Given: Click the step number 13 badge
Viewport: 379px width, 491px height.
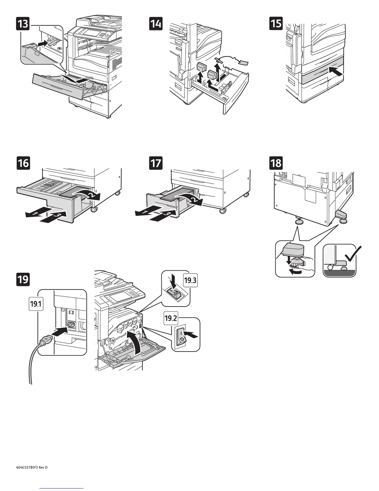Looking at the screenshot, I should [23, 24].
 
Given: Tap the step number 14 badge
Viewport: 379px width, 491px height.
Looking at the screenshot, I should [156, 24].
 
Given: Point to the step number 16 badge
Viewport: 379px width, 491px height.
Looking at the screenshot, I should [23, 163].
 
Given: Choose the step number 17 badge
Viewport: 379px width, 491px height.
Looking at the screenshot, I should [156, 163].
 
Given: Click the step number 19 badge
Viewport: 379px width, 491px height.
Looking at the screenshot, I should [23, 279].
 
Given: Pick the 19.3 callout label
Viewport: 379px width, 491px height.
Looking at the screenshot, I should [190, 281].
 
